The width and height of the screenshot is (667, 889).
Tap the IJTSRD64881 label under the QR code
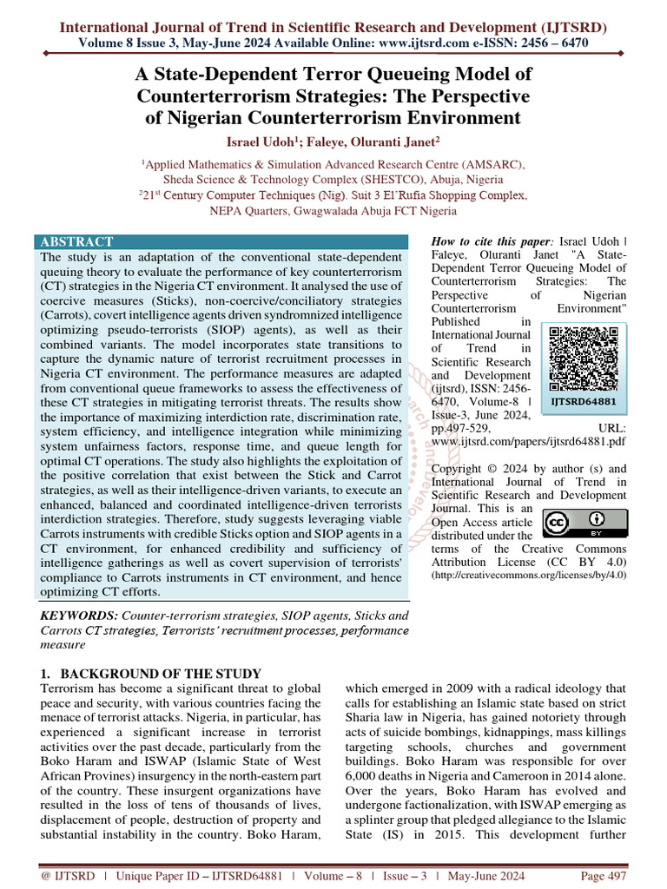pyautogui.click(x=584, y=402)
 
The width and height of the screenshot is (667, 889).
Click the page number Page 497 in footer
pyautogui.click(x=604, y=876)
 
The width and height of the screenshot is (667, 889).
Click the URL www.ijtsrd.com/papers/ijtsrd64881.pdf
pyautogui.click(x=530, y=441)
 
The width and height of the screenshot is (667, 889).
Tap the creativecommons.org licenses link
pyautogui.click(x=529, y=575)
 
